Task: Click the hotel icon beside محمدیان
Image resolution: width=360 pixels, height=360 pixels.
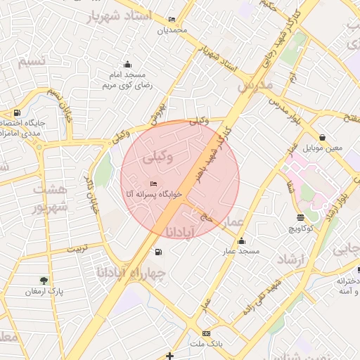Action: (173, 20)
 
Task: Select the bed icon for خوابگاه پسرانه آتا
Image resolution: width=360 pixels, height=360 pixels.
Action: (154, 184)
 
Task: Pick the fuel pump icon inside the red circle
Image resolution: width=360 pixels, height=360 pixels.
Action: (159, 252)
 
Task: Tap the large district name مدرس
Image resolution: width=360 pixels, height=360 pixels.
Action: (255, 85)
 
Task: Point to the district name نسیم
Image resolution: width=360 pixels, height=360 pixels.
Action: (32, 62)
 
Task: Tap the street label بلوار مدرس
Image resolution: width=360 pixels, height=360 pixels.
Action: (287, 110)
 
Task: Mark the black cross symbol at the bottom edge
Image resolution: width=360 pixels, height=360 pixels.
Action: (169, 356)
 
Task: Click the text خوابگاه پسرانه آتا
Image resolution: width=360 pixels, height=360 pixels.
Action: (153, 193)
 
